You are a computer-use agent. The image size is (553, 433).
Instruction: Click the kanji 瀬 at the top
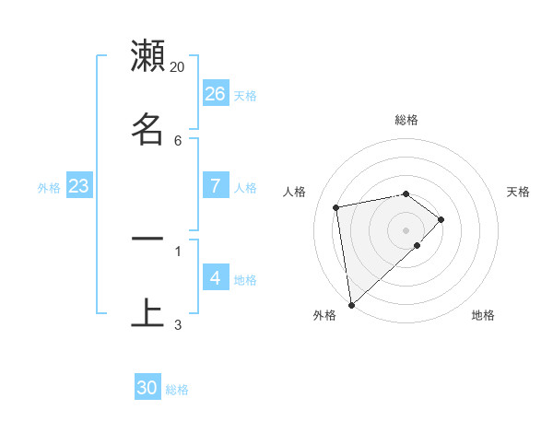[x=147, y=55]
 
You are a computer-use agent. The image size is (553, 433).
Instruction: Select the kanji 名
[x=147, y=127]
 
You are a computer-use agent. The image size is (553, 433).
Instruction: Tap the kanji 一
[x=147, y=238]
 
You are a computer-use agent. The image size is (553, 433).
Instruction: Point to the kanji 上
[x=147, y=311]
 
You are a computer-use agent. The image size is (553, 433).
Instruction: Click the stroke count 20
[x=178, y=66]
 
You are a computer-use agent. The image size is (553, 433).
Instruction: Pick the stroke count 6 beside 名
[x=178, y=140]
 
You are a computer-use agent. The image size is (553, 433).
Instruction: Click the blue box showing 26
[x=216, y=94]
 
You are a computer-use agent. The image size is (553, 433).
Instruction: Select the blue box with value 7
[x=216, y=185]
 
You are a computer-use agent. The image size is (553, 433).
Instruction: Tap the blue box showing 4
[x=216, y=277]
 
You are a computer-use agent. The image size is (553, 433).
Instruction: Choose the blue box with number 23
[x=79, y=186]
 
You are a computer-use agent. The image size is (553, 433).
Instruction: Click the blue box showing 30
[x=147, y=388]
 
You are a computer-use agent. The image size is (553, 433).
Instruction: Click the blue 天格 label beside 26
[x=245, y=96]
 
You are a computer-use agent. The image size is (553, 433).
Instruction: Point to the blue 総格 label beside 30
[x=177, y=390]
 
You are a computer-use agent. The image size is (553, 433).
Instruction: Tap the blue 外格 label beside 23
[x=49, y=188]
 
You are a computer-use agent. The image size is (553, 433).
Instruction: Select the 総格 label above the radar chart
[x=406, y=120]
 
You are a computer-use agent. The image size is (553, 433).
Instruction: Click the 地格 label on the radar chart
[x=483, y=315]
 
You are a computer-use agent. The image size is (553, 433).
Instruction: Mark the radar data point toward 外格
[x=351, y=304]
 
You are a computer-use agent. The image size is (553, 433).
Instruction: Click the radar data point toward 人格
[x=336, y=206]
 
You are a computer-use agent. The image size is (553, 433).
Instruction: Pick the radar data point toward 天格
[x=441, y=219]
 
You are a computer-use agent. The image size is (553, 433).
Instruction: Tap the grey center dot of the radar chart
[x=406, y=229]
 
